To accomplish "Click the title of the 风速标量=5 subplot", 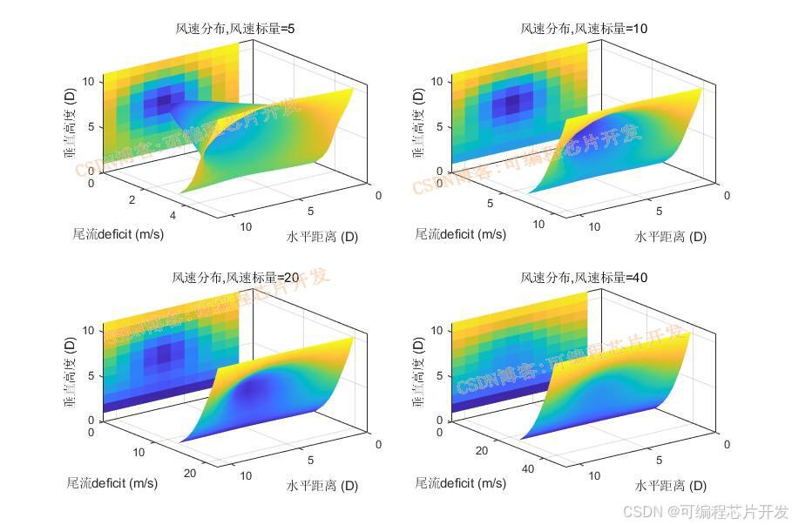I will [x=235, y=29].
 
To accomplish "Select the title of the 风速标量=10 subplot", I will [x=584, y=29].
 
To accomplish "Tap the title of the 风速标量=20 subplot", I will [x=235, y=278].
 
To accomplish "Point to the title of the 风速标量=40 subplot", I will [x=584, y=278].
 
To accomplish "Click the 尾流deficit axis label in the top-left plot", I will [x=118, y=233].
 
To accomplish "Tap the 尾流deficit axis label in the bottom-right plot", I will [x=460, y=483].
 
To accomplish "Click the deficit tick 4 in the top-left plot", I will [x=173, y=216].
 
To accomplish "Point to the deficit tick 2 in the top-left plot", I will [x=133, y=200].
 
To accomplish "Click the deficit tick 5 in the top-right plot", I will [x=490, y=203].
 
